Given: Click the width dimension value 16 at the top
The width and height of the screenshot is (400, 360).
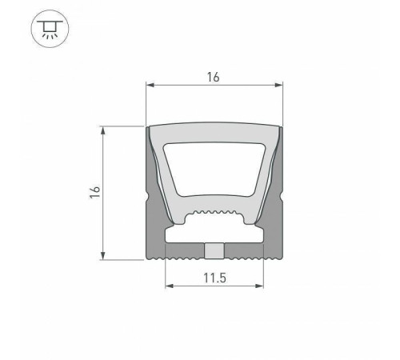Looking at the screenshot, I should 214,77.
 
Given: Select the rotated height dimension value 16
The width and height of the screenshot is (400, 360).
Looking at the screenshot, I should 94,192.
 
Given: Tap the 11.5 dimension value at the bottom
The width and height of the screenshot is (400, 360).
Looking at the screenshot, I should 214,278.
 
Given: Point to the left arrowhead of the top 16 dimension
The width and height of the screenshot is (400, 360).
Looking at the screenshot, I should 150,86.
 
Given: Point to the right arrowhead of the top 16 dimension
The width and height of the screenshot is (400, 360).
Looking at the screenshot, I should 279,86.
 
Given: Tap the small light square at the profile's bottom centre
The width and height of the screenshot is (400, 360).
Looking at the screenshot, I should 214,251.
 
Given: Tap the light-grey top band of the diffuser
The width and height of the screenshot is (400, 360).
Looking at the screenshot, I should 214,133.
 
